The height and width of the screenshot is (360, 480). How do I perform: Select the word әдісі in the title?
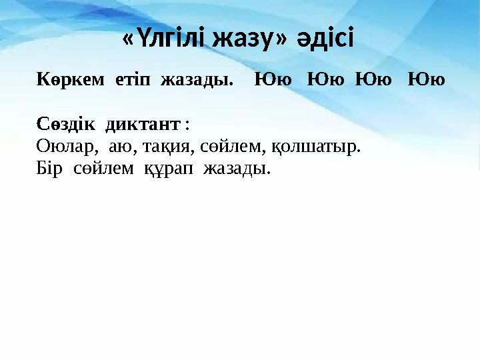326,39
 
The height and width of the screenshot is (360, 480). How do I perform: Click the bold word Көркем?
70,81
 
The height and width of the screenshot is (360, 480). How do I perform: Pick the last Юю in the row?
427,81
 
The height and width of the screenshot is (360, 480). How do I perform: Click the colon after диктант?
187,125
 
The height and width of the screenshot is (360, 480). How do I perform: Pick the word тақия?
166,147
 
